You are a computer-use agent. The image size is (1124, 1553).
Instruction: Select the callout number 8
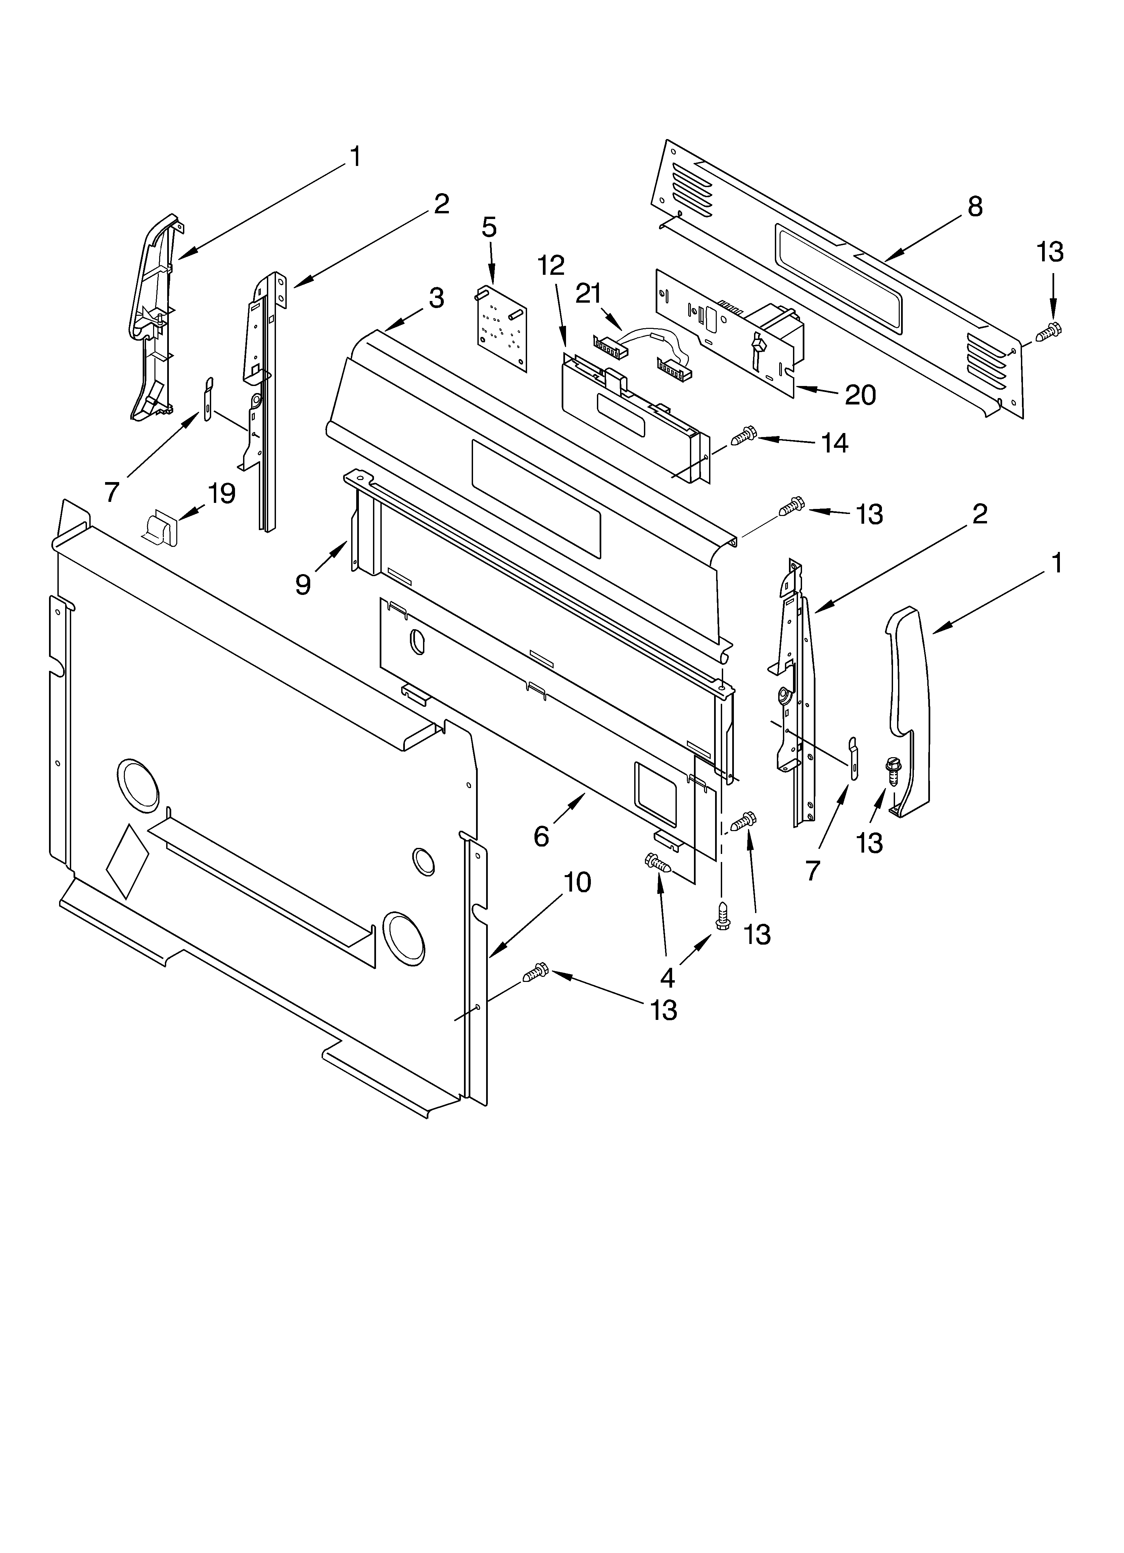click(975, 206)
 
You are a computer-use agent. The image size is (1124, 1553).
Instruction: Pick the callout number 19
click(222, 492)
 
